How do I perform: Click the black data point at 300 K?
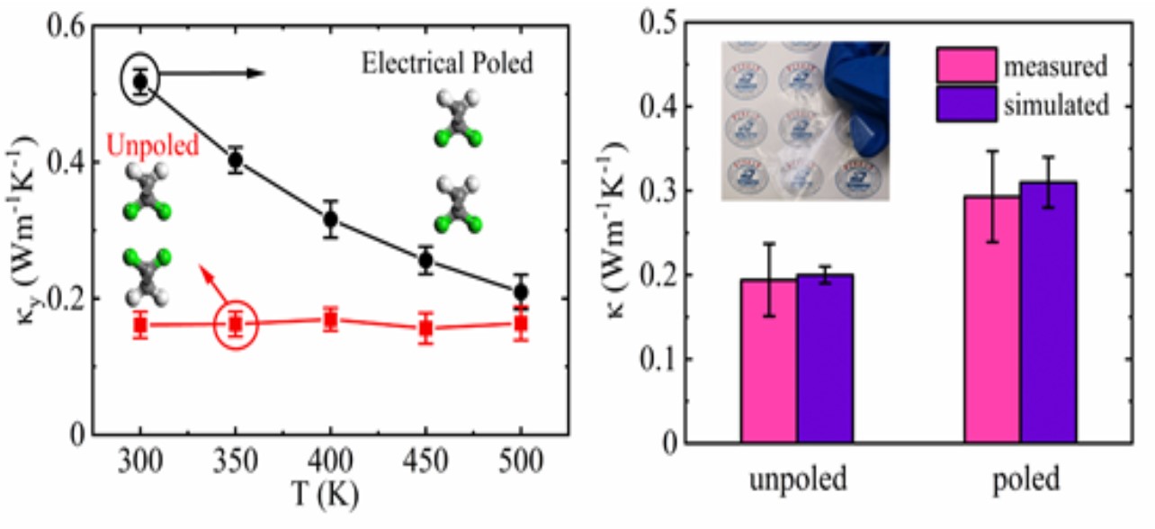140,82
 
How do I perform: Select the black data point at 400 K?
330,219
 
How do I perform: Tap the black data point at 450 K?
425,261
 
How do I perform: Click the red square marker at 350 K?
236,325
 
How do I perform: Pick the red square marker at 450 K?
425,329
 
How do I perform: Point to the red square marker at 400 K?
330,320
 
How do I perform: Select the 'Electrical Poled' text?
447,64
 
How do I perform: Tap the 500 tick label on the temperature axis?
521,462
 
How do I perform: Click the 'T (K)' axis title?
331,495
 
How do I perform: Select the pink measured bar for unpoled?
768,361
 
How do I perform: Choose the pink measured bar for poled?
992,319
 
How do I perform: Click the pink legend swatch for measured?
966,66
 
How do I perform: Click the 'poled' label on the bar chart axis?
1021,480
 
